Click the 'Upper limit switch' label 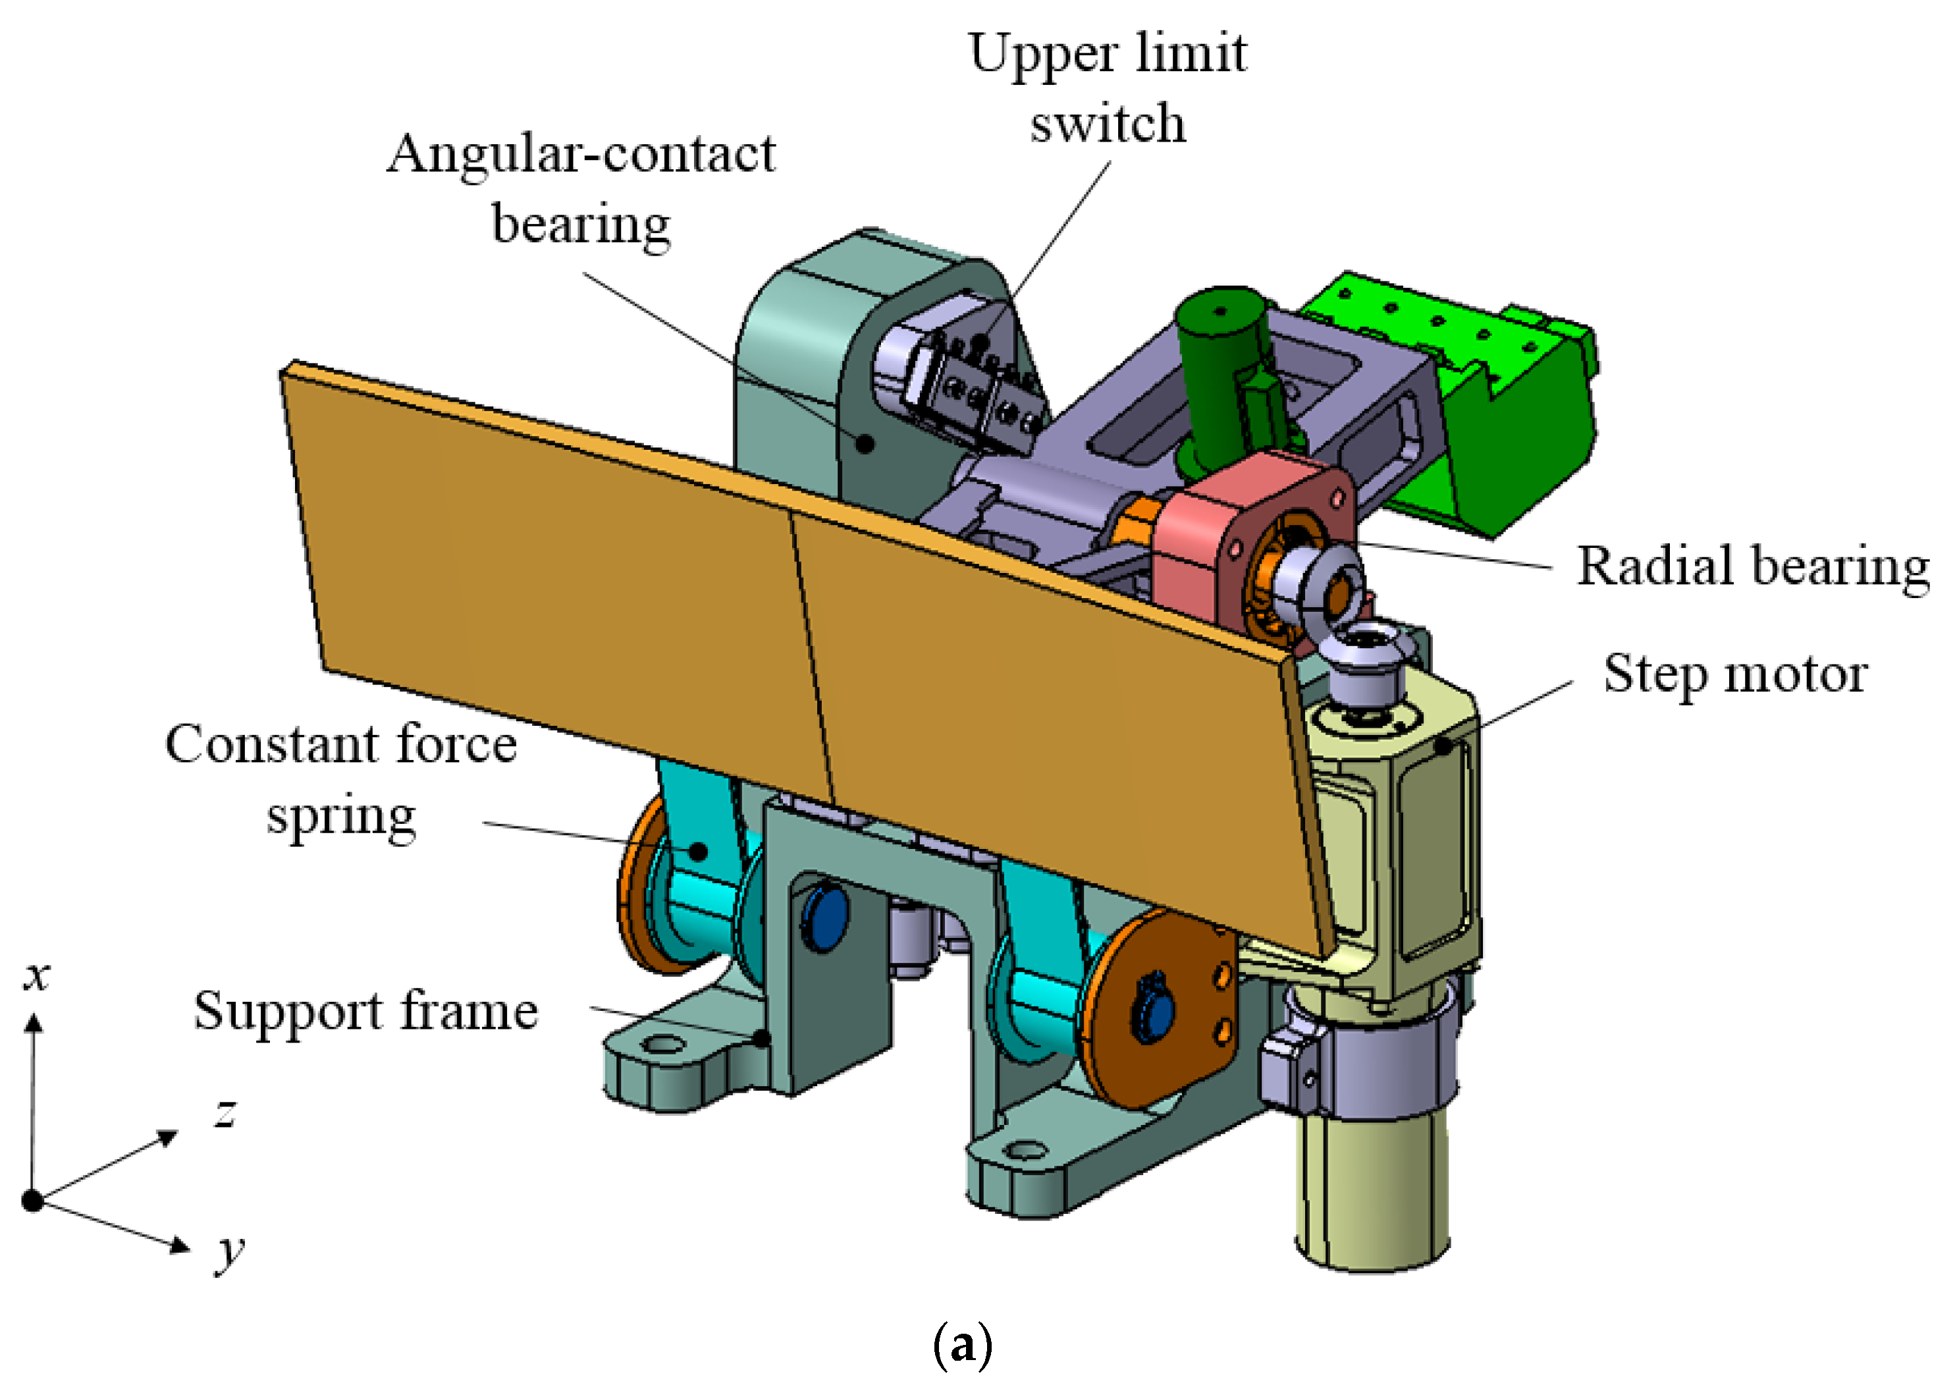1107,88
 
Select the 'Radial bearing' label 1752,567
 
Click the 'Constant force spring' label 341,779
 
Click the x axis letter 36,976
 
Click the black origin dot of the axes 32,1201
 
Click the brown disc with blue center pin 1158,1012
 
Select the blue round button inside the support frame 823,919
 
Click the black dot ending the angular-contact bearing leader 867,443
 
